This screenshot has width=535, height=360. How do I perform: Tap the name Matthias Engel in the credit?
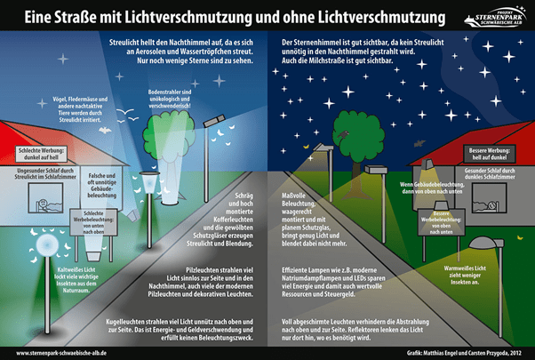click(x=437, y=352)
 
